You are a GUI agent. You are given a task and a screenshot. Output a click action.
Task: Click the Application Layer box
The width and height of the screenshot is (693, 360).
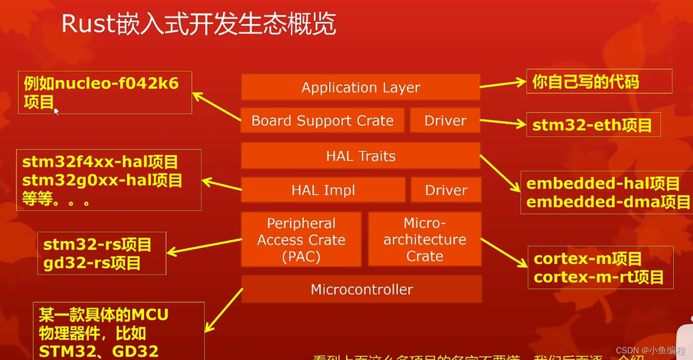click(361, 87)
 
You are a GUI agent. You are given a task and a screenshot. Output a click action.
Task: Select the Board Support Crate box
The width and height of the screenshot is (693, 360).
click(322, 121)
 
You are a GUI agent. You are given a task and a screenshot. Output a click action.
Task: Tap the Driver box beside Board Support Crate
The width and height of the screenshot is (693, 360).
click(445, 121)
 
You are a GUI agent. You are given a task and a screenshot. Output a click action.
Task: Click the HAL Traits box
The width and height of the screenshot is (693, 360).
click(361, 156)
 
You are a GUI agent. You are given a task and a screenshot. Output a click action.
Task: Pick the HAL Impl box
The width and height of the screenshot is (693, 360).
click(323, 190)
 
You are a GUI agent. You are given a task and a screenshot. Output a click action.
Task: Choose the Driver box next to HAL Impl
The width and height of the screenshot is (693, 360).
click(446, 190)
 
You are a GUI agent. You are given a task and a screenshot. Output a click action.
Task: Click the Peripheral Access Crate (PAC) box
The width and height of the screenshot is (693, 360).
click(301, 239)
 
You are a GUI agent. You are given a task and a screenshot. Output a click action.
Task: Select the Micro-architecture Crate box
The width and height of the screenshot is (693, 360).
click(424, 239)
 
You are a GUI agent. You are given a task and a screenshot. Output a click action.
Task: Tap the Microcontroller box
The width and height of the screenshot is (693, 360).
click(362, 289)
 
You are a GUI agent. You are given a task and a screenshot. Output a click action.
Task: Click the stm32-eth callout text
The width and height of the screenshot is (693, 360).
click(592, 125)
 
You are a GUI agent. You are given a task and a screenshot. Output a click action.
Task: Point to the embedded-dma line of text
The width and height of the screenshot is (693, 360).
click(608, 202)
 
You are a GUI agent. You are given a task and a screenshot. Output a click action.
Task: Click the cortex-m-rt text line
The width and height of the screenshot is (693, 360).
click(598, 277)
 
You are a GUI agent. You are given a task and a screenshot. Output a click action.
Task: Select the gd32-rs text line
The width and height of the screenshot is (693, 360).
click(92, 263)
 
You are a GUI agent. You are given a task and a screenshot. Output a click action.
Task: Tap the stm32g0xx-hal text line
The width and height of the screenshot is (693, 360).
click(102, 181)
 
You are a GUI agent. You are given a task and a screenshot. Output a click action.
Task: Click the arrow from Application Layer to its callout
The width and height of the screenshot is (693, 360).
click(502, 84)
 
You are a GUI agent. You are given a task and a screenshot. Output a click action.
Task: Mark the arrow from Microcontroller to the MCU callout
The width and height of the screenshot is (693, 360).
click(224, 310)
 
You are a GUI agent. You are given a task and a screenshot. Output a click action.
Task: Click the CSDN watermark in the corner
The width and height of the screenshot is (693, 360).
click(650, 350)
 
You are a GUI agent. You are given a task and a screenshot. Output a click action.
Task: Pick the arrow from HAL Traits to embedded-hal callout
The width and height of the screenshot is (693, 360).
click(500, 173)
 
